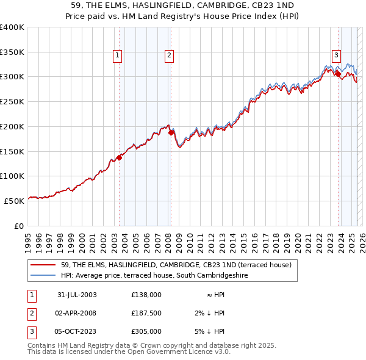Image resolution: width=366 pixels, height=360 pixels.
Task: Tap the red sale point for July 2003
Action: click(120, 157)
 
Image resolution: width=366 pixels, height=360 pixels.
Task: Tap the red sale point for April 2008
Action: click(171, 132)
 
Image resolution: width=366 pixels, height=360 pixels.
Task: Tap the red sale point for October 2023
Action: click(338, 74)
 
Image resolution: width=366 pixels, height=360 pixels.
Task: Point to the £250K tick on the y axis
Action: click(12, 101)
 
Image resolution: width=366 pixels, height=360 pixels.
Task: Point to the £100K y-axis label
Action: click(12, 176)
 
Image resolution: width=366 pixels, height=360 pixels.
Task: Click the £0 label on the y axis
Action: click(18, 225)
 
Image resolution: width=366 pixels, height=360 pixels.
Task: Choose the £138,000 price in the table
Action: click(146, 295)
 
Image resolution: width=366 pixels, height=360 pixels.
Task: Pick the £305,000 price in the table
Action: click(146, 331)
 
